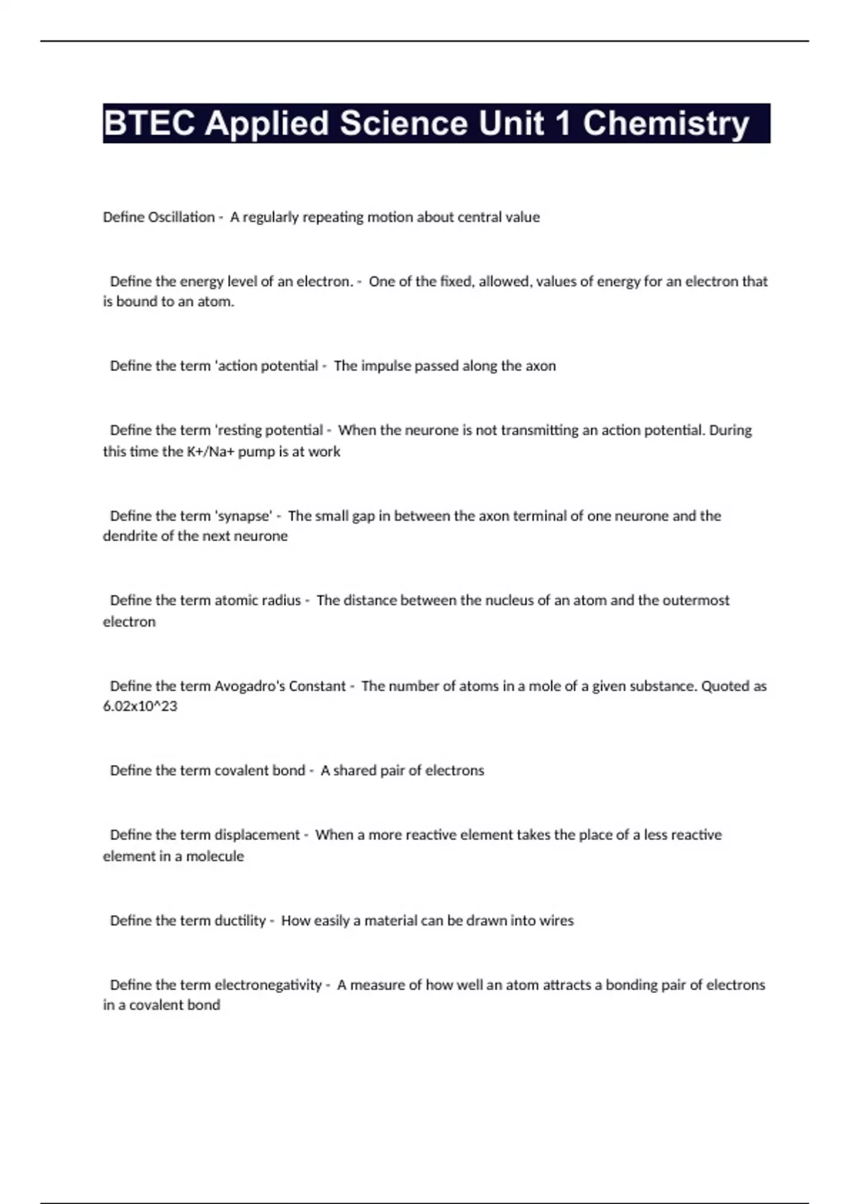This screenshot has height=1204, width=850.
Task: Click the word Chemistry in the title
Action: coord(666,123)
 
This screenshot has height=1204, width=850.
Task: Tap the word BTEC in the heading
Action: coord(149,123)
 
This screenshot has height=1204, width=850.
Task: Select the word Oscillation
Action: coord(181,217)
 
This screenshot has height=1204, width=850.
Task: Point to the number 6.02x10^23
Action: coord(140,706)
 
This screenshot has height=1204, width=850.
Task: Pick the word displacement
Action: coord(257,835)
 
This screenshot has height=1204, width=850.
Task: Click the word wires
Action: coord(556,921)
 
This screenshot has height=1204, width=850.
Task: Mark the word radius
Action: coord(281,601)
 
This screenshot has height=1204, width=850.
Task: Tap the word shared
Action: coord(355,771)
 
